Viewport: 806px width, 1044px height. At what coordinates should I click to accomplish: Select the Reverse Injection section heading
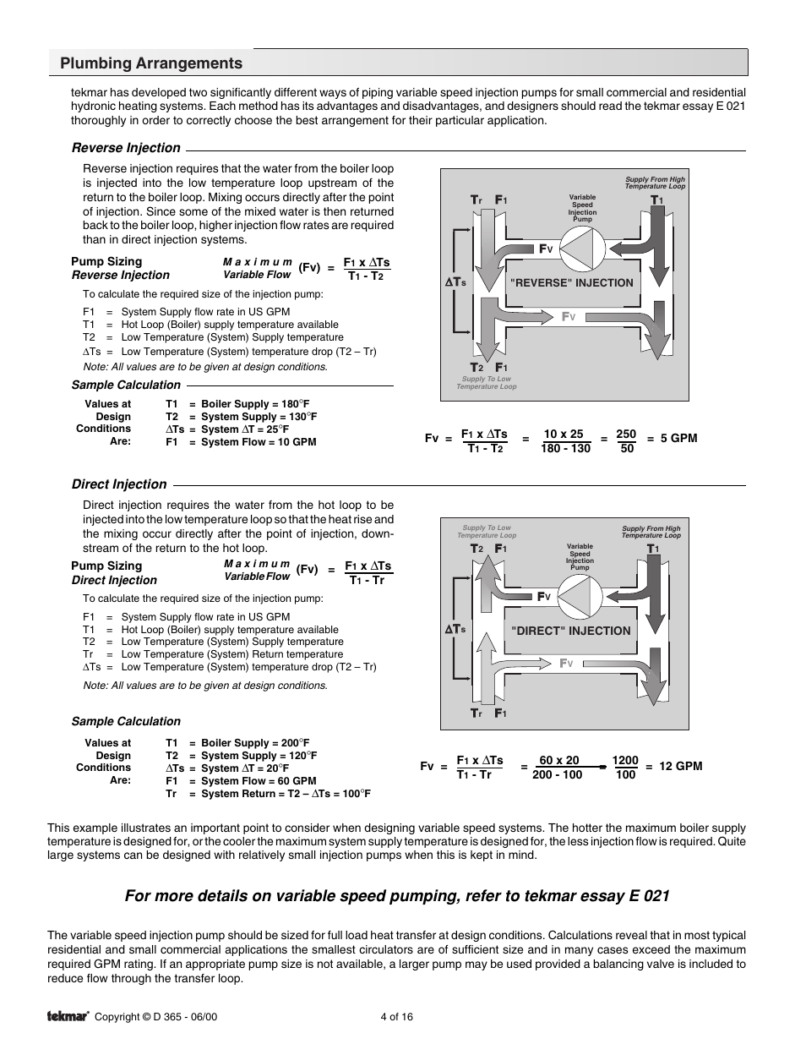coord(126,148)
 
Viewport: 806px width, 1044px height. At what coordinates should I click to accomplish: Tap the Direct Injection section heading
coord(119,484)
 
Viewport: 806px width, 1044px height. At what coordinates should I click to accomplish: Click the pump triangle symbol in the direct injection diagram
coord(579,597)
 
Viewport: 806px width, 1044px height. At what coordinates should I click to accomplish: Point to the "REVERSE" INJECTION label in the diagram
coord(571,283)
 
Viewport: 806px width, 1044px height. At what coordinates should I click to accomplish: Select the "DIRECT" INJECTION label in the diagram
coord(570,631)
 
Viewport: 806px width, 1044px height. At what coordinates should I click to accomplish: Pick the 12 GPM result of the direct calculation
coord(680,767)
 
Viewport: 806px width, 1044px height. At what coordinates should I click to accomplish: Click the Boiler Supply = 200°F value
coord(255,743)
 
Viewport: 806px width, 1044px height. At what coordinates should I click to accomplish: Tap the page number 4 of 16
coord(397,1017)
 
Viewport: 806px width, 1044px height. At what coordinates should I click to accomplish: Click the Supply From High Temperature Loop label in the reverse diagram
coord(655,183)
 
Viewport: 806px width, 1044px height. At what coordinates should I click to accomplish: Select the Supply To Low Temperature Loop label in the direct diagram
coord(487,531)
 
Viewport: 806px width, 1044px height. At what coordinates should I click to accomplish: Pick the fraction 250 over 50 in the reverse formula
coord(626,440)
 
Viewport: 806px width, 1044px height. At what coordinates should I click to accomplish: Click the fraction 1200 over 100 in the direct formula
coord(625,768)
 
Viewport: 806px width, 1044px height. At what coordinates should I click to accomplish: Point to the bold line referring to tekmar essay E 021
coord(397,895)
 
